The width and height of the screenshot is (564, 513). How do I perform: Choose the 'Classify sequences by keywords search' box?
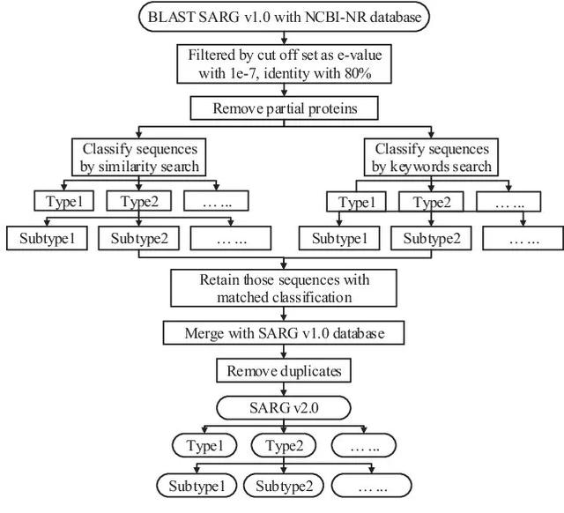[x=432, y=157]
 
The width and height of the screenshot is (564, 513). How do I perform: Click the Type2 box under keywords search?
[x=430, y=202]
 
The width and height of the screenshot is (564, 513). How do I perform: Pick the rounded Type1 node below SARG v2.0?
[x=205, y=447]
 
